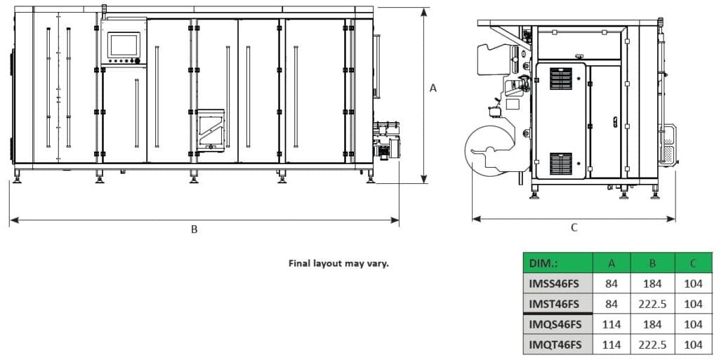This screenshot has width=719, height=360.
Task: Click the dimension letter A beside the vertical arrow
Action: (433, 88)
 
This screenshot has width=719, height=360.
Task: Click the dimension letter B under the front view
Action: (194, 229)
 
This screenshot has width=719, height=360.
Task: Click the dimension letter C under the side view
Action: (574, 227)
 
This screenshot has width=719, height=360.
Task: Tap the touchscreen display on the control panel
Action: (124, 44)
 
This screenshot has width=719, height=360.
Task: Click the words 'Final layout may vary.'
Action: (338, 264)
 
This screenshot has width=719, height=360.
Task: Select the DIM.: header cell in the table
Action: (558, 263)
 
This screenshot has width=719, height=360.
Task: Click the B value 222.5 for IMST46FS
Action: (652, 304)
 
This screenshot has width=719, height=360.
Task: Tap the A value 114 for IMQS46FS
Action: (612, 324)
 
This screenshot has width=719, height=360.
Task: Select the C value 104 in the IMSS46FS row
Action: (693, 284)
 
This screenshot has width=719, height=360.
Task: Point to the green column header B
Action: (652, 263)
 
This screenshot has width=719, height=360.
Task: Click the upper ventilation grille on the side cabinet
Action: (560, 78)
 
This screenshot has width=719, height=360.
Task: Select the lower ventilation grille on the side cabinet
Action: (560, 164)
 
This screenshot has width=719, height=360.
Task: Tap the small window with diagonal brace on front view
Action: (211, 130)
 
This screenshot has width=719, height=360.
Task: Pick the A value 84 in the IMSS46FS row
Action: (612, 284)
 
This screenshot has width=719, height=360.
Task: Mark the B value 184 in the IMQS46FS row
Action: (652, 324)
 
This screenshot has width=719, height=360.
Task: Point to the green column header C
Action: (693, 263)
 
